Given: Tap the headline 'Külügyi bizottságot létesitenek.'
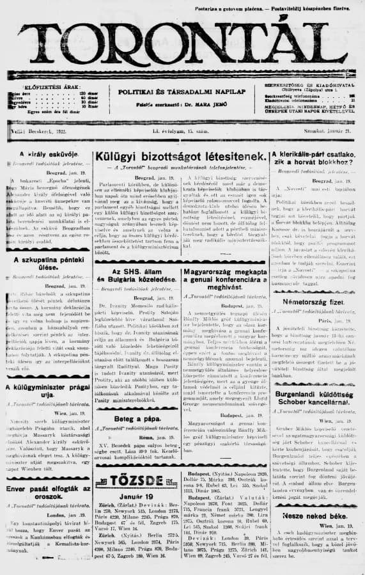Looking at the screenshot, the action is tap(180, 156).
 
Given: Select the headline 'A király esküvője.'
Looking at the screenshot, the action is tap(45, 154).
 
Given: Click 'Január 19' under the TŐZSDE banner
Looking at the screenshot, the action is tap(136, 496).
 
